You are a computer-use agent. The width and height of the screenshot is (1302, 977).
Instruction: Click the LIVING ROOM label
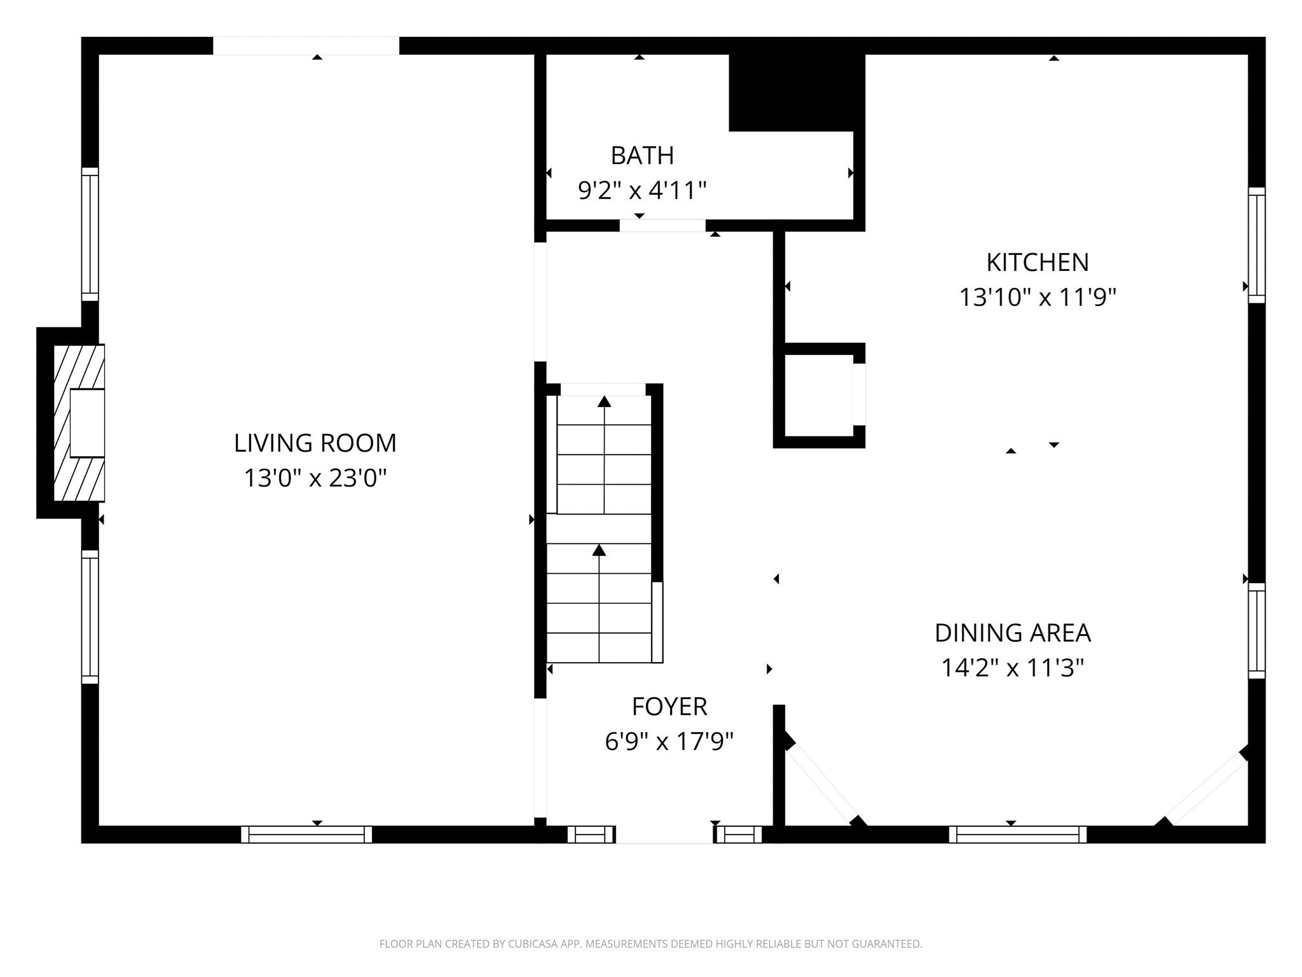315,443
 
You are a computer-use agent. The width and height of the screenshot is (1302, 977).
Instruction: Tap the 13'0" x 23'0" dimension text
315,478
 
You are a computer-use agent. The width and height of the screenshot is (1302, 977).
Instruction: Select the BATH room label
642,156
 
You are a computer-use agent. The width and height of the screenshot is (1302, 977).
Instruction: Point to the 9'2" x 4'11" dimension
642,190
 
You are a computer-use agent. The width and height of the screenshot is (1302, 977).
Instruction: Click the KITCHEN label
1037,263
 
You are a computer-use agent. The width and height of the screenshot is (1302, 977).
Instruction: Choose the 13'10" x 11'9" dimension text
1037,297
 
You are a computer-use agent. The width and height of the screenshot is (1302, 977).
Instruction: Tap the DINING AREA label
1012,633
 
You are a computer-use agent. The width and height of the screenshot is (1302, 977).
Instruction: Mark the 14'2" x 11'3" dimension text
1012,668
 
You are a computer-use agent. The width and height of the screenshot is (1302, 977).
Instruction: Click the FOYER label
669,707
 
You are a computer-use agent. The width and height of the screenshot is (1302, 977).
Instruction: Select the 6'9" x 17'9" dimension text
669,742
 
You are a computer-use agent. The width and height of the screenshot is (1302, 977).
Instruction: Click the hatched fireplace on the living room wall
79,423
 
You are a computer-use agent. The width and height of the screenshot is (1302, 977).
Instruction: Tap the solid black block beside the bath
796,92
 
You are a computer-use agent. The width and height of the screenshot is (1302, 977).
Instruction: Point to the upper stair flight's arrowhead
604,401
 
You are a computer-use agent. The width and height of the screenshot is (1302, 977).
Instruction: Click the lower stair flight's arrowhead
599,550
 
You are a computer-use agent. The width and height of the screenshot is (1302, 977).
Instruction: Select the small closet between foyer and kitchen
818,395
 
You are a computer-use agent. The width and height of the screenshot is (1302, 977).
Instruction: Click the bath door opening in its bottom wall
662,225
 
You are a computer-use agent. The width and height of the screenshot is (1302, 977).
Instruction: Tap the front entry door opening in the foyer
664,834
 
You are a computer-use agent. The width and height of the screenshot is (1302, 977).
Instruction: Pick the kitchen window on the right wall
1256,245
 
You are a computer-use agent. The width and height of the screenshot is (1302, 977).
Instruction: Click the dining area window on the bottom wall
1017,834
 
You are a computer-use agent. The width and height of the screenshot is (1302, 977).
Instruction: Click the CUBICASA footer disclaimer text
650,944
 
